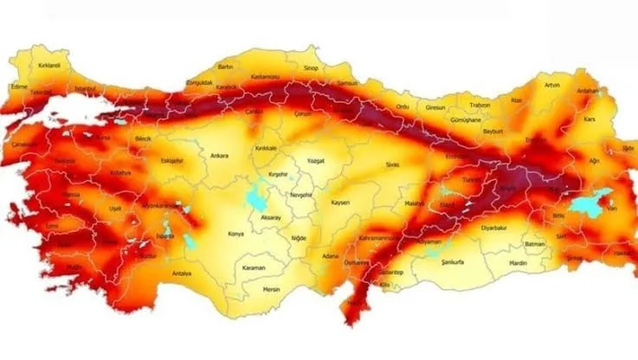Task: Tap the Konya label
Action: click(235, 234)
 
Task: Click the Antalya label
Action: click(182, 273)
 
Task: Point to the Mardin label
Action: click(518, 261)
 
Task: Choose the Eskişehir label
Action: click(173, 160)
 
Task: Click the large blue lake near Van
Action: click(596, 198)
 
